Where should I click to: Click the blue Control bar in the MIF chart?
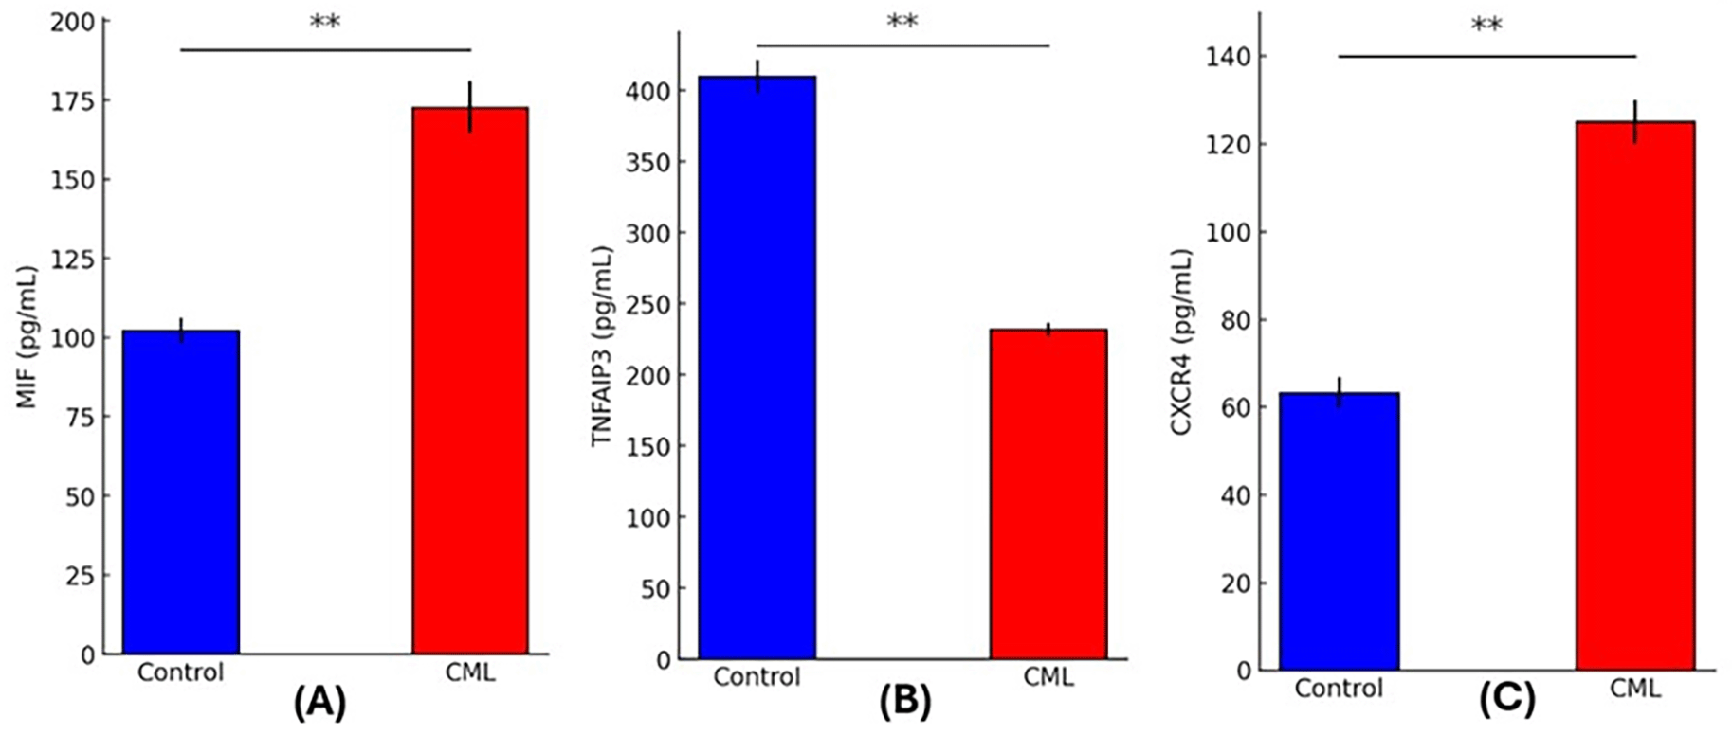click(180, 493)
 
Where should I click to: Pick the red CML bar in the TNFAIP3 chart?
click(1048, 493)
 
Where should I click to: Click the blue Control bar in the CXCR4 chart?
click(1339, 531)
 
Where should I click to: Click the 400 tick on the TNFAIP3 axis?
click(647, 91)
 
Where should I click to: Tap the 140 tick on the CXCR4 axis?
click(1229, 57)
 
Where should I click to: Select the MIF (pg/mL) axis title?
click(27, 337)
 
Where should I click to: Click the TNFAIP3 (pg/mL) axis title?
click(602, 346)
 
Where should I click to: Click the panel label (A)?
click(319, 703)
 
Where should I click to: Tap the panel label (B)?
click(904, 702)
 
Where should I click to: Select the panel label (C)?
click(1506, 700)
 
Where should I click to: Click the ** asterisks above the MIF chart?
click(325, 23)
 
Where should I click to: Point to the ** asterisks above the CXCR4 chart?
click(1486, 26)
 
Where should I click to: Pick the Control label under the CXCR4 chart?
click(1339, 689)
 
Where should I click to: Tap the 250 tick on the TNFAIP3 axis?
click(647, 304)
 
